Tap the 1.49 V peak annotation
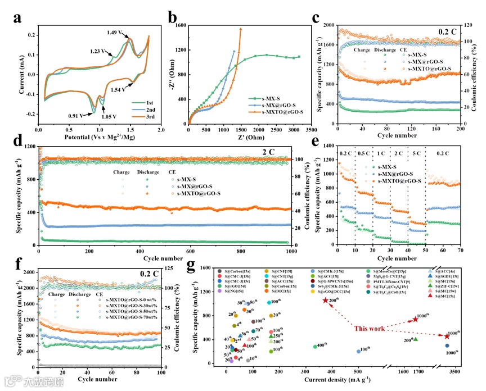(x=123, y=32)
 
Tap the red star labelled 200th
(x=326, y=301)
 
